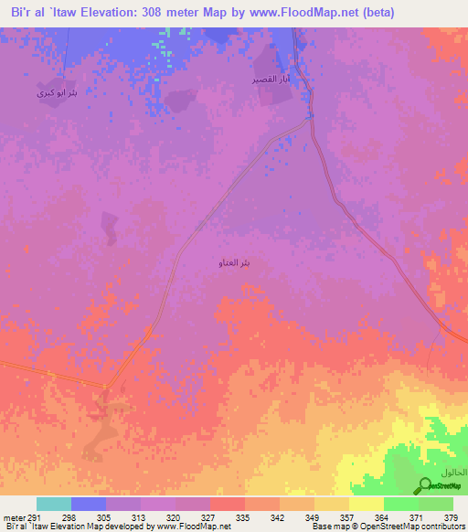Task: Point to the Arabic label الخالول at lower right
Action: coord(452,472)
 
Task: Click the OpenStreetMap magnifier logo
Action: coord(424,486)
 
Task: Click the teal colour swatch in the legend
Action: coord(54,504)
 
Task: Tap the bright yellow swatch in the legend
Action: coord(366,504)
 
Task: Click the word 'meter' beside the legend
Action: coord(14,516)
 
